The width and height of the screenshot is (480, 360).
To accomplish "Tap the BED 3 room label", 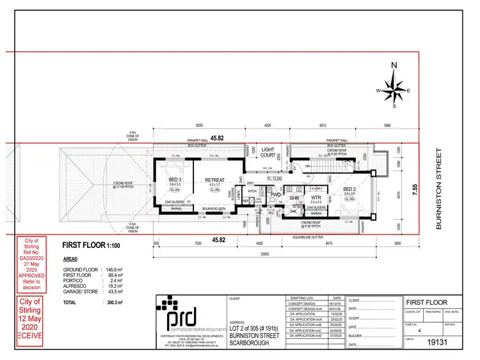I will (x=175, y=180).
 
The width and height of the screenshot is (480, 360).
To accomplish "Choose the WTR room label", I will (x=316, y=198).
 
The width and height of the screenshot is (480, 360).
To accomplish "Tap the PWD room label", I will (x=276, y=195).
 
